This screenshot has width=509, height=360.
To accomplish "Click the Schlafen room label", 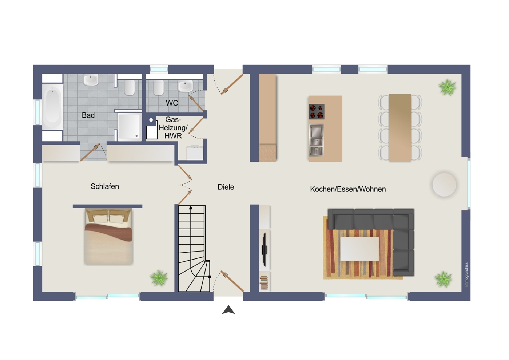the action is point(105,186).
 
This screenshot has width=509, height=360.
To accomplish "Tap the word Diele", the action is point(226,187).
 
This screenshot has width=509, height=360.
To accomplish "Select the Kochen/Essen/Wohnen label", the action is point(348,189).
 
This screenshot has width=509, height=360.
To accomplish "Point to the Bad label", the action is point(88,115).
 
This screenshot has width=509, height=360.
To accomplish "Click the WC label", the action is point(172,103).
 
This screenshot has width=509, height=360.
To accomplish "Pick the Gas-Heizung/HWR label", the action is point(173,128).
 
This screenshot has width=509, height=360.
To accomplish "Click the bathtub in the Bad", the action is point(53,107).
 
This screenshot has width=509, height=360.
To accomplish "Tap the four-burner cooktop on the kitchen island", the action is point(317,112).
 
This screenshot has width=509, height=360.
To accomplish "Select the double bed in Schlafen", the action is point(108,237).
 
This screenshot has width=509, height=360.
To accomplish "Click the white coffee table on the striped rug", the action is point(359,249).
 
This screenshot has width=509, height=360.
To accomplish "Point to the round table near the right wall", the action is point(444,185).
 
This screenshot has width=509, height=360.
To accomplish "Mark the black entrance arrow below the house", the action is point(228,310).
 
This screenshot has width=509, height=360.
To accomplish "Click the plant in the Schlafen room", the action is point(159,278).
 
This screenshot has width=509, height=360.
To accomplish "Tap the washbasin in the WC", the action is point(185,86).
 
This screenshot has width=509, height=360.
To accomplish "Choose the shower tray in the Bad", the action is point(129,126).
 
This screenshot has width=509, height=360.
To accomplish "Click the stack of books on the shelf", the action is point(264,282).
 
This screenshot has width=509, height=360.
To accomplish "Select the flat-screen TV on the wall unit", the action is point(264,250).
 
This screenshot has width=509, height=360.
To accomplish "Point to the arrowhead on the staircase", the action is point(191,207).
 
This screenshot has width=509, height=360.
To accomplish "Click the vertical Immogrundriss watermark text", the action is point(466,274).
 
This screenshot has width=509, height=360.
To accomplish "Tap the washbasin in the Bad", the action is point(91,80).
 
